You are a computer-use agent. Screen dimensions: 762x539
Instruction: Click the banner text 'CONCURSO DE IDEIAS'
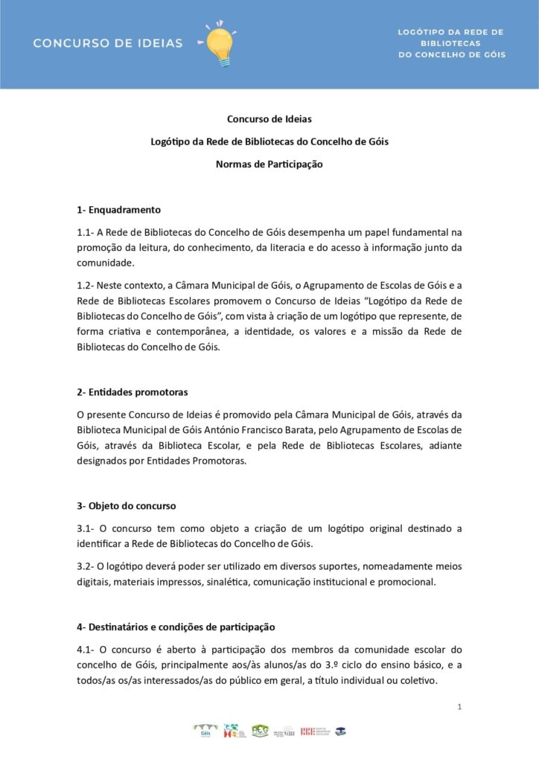click(x=107, y=43)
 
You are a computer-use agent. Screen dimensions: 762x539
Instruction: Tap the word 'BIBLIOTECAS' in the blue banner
click(x=451, y=43)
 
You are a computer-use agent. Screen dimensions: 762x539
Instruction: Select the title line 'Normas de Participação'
click(x=269, y=164)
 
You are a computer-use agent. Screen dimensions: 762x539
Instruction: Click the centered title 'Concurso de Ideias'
click(x=269, y=119)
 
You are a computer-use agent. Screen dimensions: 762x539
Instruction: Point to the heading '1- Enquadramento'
click(x=119, y=210)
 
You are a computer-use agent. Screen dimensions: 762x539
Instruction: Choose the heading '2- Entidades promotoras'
click(x=133, y=391)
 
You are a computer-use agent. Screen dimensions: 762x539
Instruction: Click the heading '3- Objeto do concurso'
click(x=127, y=506)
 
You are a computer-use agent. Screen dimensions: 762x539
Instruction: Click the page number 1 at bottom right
click(x=459, y=706)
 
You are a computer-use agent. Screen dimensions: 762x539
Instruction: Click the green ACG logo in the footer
click(x=260, y=731)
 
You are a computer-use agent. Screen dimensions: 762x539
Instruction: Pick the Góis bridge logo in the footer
click(x=206, y=731)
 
